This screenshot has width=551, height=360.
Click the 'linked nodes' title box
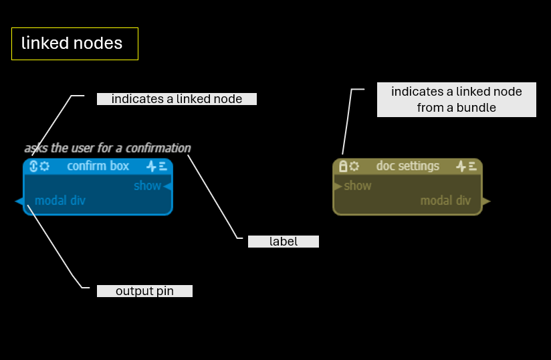pos(75,44)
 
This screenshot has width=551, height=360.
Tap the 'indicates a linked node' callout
pos(177,99)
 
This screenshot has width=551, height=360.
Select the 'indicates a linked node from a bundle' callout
pos(456,99)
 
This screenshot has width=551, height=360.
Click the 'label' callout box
pos(283,242)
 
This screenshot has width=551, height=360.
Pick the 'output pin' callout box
pos(144,291)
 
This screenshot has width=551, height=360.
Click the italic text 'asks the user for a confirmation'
pos(108,148)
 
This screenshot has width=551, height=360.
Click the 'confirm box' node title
pos(98,166)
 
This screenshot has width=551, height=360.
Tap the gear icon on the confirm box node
pos(44,166)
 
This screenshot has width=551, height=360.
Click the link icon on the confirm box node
pos(33,166)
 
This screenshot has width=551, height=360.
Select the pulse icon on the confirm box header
pos(151,166)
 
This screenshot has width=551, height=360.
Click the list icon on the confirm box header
pos(162,166)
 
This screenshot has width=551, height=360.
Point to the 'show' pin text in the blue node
pos(147,185)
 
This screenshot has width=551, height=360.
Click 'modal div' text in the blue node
pos(60,200)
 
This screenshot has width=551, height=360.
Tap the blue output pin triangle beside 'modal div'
pos(19,201)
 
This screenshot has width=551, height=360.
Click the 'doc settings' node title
pos(408,166)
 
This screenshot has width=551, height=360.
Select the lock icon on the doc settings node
pos(343,166)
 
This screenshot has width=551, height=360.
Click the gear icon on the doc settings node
pos(354,166)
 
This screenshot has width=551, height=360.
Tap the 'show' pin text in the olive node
pos(358,185)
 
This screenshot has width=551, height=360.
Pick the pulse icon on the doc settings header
pos(461,166)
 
